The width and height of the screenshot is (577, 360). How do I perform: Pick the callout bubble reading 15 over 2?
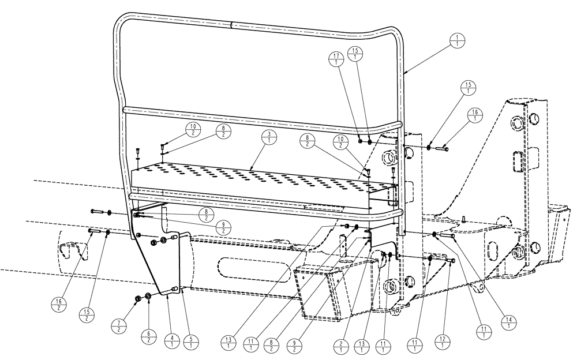[x=85, y=314]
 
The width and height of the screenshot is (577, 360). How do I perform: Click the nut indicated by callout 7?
[x=138, y=298]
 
